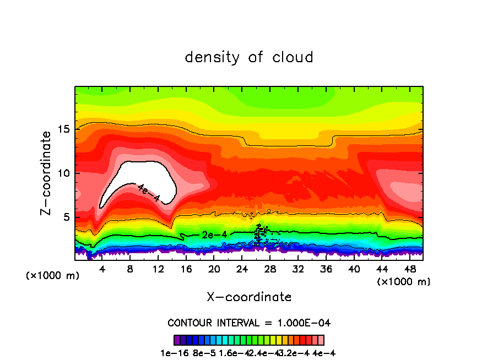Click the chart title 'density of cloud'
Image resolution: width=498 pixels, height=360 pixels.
(249, 57)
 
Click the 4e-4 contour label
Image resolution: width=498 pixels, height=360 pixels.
(148, 193)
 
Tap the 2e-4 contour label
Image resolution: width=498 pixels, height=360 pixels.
(214, 235)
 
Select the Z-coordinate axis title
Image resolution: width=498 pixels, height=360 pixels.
(47, 173)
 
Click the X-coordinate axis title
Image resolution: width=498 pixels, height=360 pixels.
(249, 297)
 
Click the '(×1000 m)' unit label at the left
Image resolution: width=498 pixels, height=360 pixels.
(52, 275)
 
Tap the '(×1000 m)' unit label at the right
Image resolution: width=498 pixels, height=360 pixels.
(404, 282)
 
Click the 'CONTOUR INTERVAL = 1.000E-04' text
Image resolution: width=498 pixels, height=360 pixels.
(249, 323)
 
